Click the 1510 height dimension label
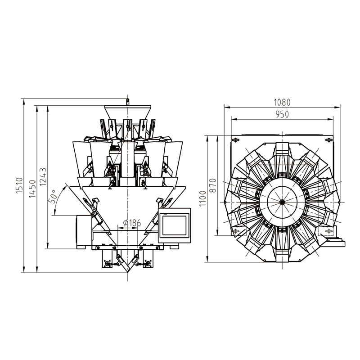click(x=19, y=185)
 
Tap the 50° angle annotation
click(x=54, y=196)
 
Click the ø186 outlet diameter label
click(x=130, y=222)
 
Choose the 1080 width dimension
click(x=283, y=102)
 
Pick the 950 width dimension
click(x=282, y=114)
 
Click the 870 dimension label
click(x=213, y=185)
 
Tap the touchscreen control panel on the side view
click(x=175, y=225)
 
